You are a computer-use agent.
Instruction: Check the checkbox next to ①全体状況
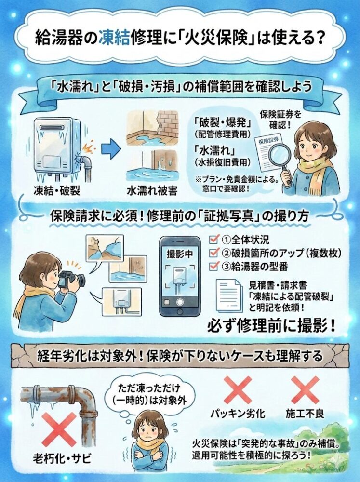pos(214,240)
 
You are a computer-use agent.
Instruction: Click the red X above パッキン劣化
pos(238,389)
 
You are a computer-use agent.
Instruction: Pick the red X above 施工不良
pos(305,389)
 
